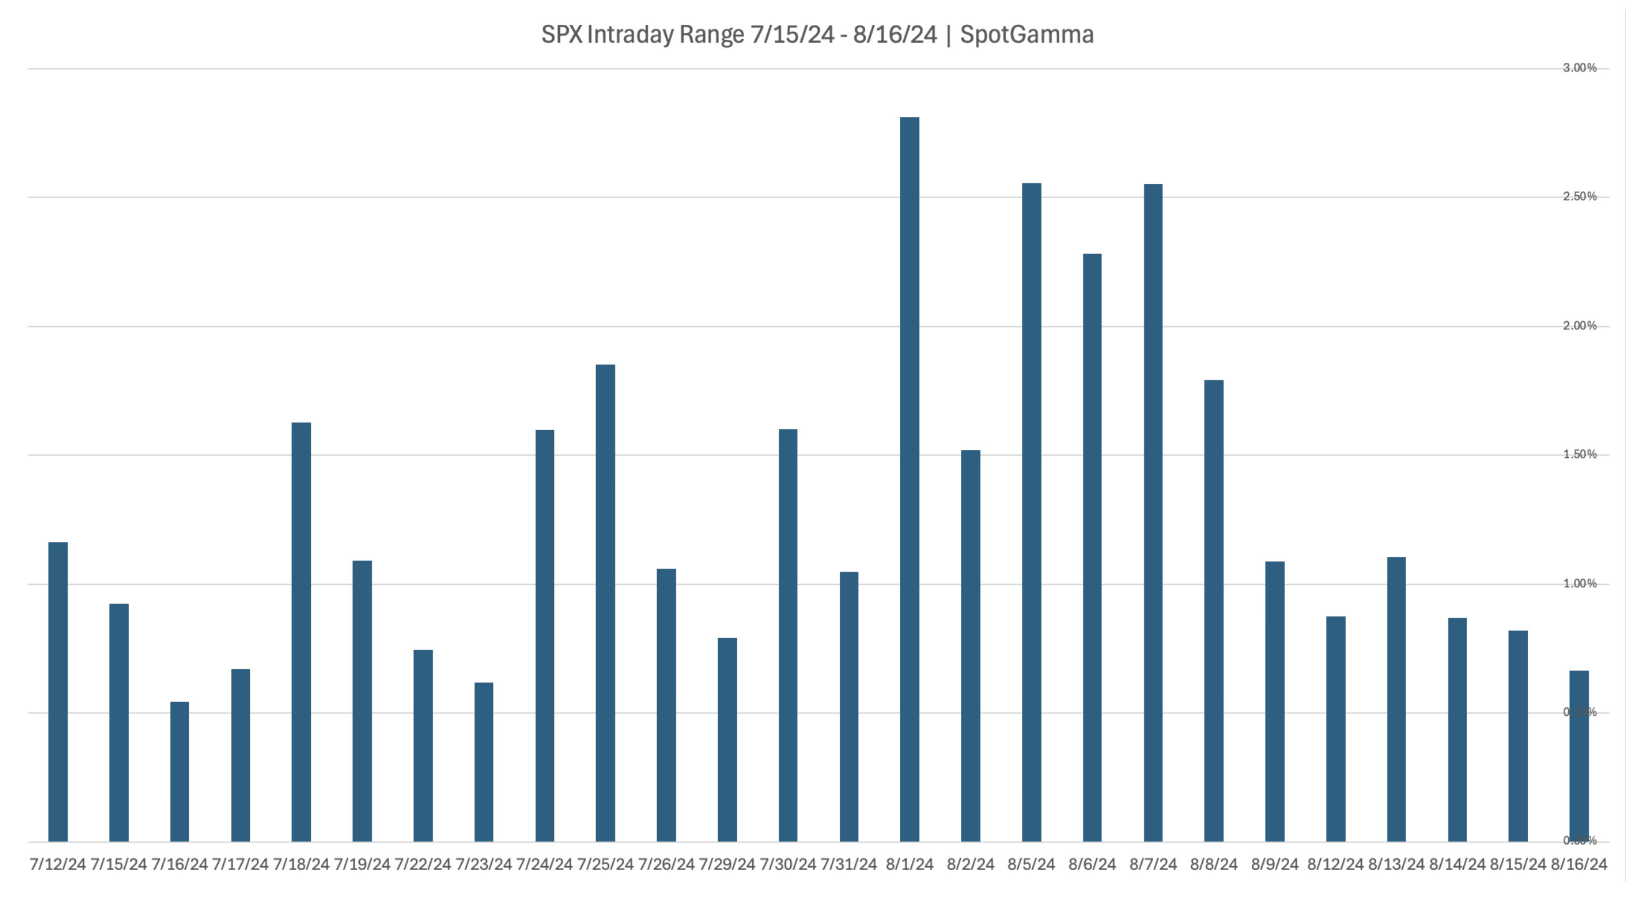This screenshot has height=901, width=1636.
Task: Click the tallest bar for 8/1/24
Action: click(909, 479)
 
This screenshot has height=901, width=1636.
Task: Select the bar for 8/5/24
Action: click(1031, 513)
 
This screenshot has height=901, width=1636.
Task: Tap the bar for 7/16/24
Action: click(180, 772)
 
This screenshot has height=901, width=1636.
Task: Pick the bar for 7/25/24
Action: click(605, 603)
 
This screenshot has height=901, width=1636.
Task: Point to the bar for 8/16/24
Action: click(1579, 756)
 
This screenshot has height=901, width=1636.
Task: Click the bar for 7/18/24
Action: click(301, 632)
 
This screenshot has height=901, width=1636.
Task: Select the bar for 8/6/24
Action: click(1092, 547)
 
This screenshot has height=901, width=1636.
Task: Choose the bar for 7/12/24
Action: click(58, 692)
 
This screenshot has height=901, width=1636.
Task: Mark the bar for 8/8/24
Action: click(1214, 611)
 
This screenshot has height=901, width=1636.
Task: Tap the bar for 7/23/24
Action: click(484, 762)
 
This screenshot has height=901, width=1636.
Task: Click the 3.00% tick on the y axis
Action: click(1579, 68)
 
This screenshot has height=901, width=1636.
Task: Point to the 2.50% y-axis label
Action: click(1579, 197)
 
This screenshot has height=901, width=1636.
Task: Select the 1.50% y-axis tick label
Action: click(1579, 455)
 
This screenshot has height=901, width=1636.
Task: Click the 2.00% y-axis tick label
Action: click(1579, 326)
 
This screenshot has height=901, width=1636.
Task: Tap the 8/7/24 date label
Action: click(1152, 864)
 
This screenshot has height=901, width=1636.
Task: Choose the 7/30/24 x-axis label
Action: click(788, 864)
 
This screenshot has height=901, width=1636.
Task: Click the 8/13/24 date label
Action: click(1396, 864)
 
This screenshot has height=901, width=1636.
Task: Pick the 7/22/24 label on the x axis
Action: click(422, 864)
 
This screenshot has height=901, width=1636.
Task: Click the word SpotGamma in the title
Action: click(1026, 34)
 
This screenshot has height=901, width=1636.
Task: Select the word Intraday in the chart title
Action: click(632, 34)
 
